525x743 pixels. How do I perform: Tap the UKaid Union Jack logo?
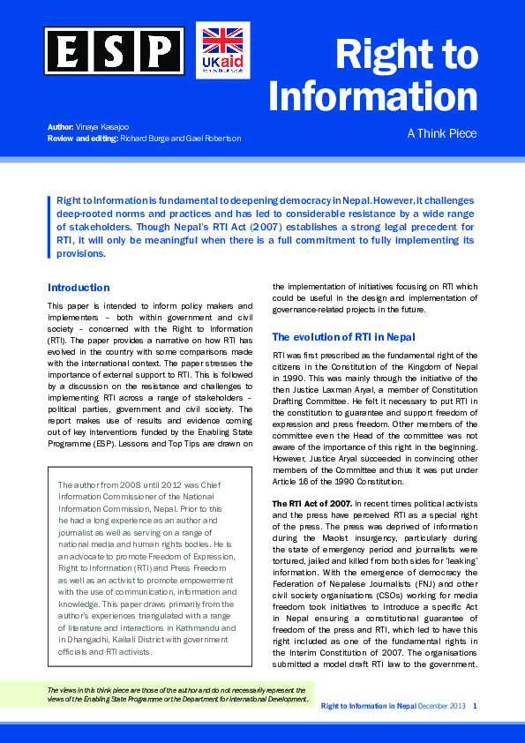[x=222, y=50]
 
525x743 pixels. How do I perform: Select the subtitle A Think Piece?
[x=441, y=134]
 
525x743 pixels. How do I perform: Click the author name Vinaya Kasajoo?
[x=107, y=128]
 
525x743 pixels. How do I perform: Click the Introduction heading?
[x=79, y=288]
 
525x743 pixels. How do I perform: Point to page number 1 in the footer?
[x=476, y=706]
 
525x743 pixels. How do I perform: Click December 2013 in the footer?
[x=443, y=706]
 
